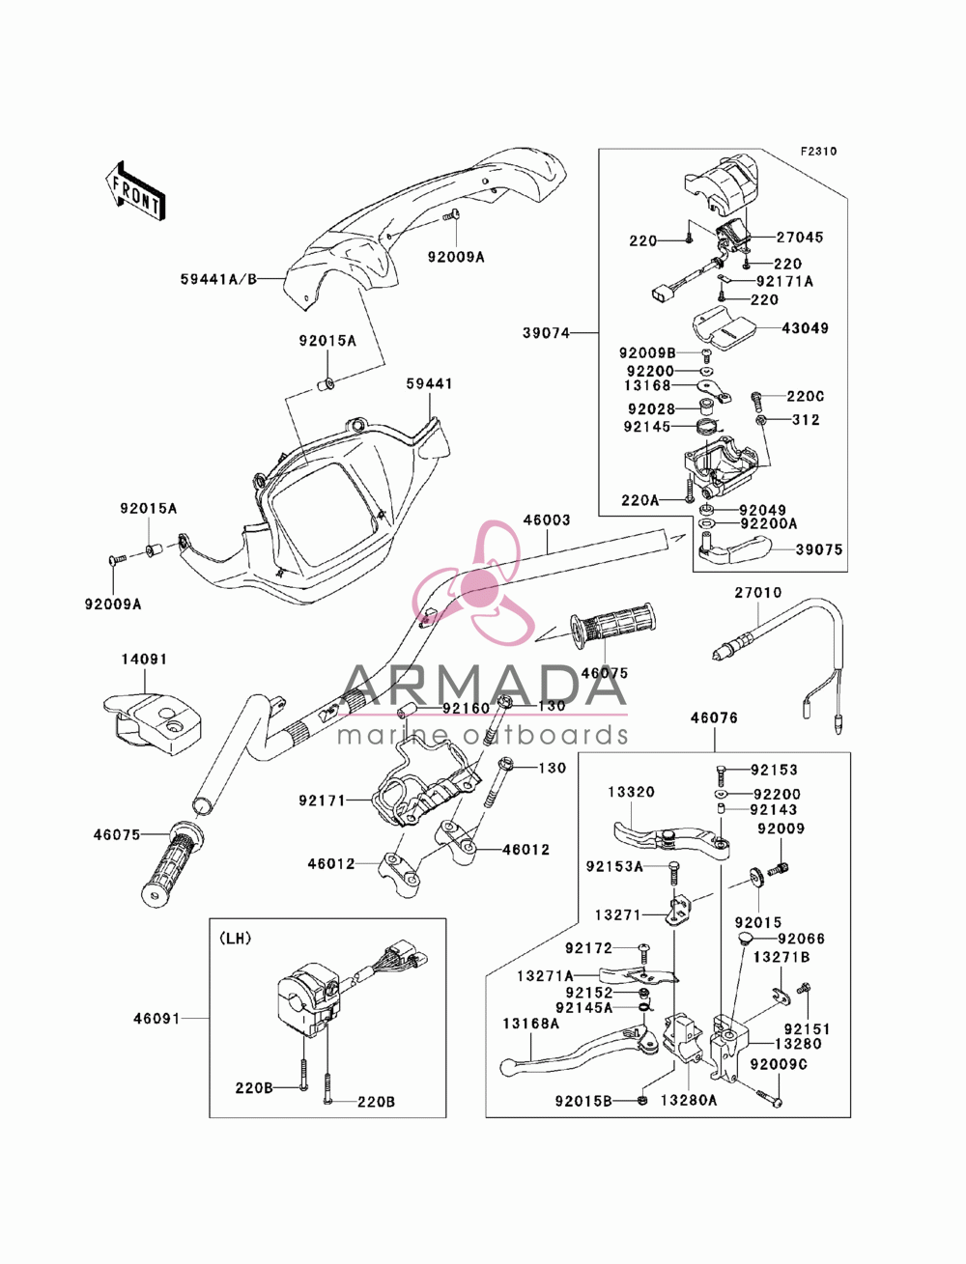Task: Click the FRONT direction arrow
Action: click(135, 190)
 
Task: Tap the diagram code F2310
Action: click(818, 152)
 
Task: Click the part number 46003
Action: click(547, 520)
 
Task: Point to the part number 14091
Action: click(144, 659)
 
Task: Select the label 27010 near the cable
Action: click(758, 593)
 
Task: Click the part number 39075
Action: click(819, 549)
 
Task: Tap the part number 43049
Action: click(806, 328)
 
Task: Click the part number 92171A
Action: click(784, 282)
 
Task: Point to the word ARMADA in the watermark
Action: click(483, 686)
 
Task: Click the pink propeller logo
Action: click(468, 582)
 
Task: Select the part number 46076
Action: click(714, 717)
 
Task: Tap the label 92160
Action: click(466, 708)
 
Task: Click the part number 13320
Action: click(632, 792)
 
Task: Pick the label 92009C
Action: click(779, 1064)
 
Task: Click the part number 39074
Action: click(546, 333)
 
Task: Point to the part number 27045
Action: click(800, 237)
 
